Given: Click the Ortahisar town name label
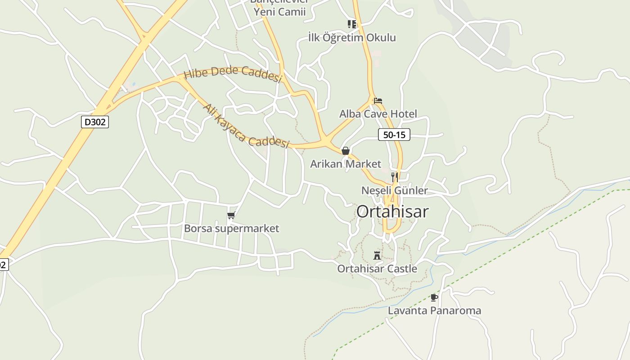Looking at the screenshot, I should click(392, 211).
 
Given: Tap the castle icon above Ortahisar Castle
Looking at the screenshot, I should click(377, 256).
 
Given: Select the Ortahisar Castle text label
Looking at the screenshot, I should click(377, 269).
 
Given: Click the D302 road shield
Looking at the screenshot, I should click(95, 122).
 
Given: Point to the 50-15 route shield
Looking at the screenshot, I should click(394, 135).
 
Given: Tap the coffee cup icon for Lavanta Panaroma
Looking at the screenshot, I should click(434, 297).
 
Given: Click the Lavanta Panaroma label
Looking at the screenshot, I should click(434, 310).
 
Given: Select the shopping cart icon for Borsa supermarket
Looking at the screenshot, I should click(231, 215).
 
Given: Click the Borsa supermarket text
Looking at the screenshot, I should click(231, 229).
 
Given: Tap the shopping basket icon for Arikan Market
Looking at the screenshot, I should click(345, 151).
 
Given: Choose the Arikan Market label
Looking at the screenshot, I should click(345, 164).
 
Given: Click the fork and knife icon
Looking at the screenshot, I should click(394, 177).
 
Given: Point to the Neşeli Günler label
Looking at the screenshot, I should click(394, 190).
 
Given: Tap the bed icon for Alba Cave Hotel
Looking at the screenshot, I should click(378, 101).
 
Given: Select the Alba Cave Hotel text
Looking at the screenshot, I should click(378, 114).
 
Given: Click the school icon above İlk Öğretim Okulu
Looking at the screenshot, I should click(351, 24).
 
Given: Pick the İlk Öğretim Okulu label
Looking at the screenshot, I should click(352, 37).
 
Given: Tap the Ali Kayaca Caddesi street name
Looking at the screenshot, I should click(245, 127).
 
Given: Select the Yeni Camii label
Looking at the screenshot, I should click(279, 12).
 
